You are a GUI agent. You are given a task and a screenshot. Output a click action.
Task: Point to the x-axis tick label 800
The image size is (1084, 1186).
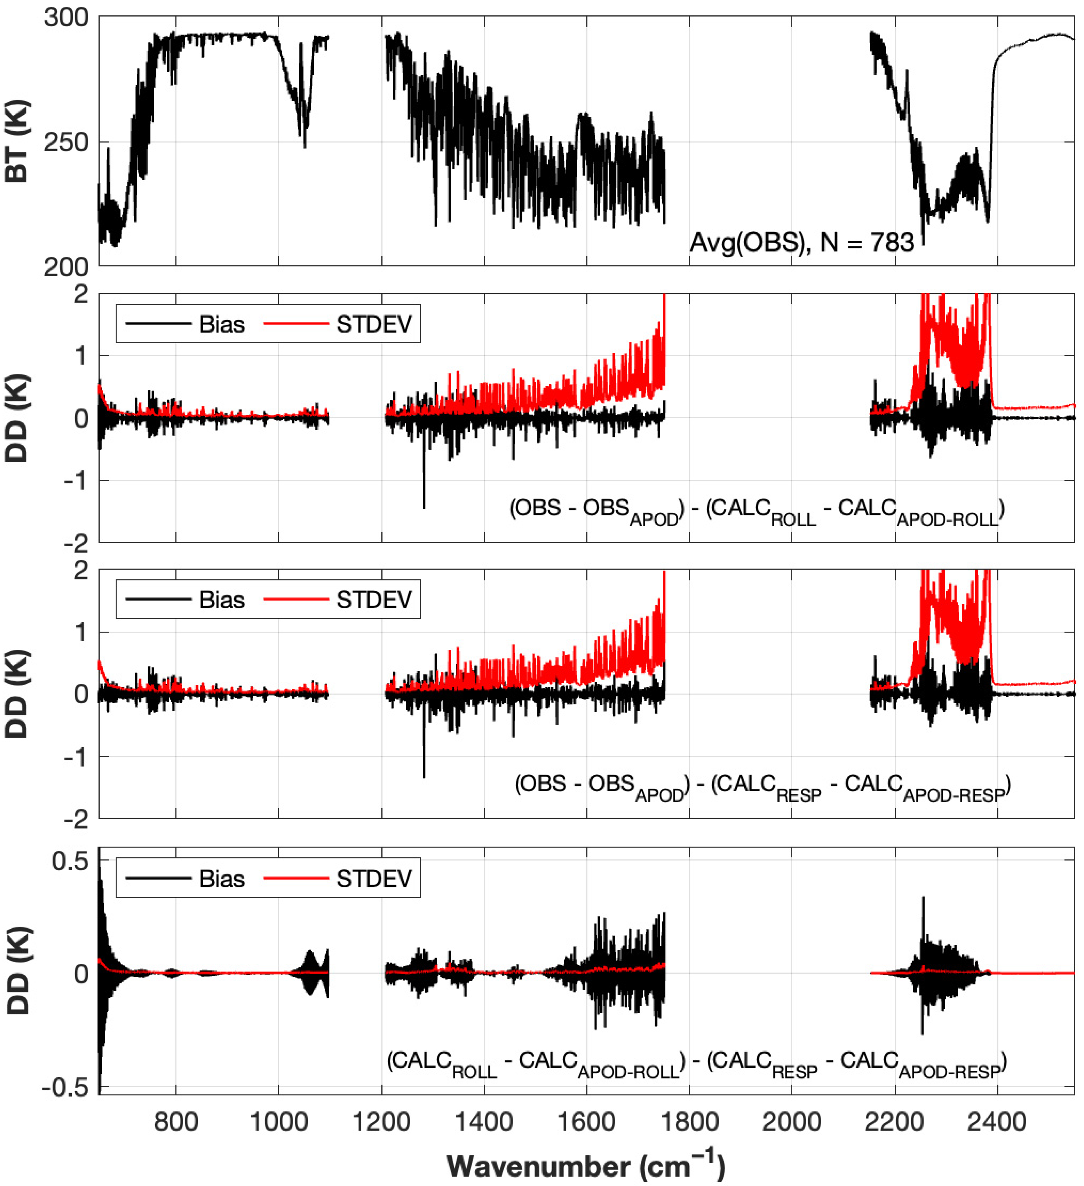tap(176, 1122)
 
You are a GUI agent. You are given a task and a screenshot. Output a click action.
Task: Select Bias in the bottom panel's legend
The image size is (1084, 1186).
tap(221, 879)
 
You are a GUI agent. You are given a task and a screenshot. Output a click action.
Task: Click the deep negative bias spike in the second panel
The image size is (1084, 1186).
tap(424, 500)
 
